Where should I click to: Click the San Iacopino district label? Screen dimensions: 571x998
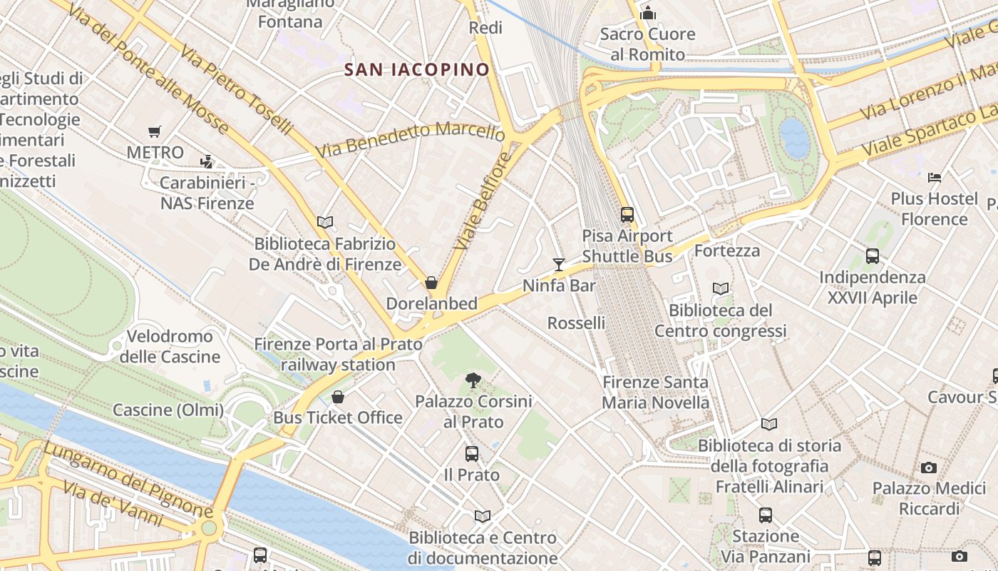point(417,69)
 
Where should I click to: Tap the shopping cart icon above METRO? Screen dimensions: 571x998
point(155,131)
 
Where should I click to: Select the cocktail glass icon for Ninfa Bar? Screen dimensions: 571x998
point(559,265)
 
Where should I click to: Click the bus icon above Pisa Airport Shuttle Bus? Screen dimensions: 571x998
point(627,214)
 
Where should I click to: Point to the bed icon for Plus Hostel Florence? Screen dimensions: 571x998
point(935,177)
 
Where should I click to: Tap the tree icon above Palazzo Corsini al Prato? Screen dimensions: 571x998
point(473,380)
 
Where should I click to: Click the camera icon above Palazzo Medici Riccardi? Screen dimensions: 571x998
point(928,468)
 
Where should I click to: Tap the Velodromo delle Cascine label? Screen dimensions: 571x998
point(170,346)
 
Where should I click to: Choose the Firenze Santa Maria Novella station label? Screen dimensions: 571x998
point(656,392)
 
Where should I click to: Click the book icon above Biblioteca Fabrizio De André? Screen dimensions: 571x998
point(325,223)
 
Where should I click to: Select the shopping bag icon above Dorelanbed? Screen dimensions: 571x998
point(431,283)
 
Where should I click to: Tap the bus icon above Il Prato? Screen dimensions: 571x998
point(471,454)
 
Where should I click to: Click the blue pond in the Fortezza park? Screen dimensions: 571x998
point(795,138)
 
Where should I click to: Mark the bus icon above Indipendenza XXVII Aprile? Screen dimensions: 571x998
point(872,256)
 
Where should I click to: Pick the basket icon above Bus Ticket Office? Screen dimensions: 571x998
point(338,397)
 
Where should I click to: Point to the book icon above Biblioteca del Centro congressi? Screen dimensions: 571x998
point(721,289)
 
